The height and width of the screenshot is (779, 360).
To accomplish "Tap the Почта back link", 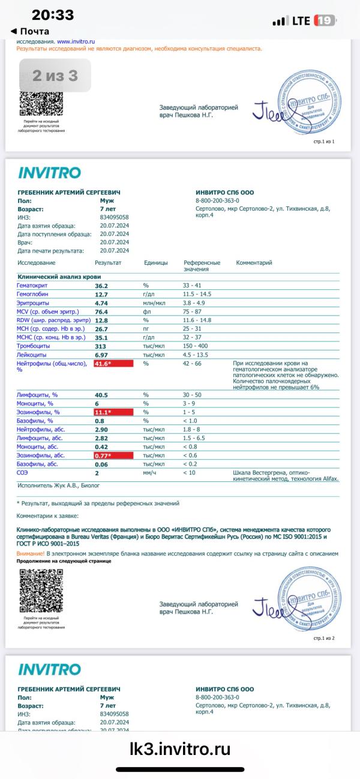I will coord(30,31).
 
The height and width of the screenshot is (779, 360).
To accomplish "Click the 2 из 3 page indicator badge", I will coord(55,76).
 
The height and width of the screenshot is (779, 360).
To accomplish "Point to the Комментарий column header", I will coord(254,263).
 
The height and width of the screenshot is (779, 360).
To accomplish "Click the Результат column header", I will coord(108,263).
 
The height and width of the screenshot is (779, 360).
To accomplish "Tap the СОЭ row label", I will coord(24,473).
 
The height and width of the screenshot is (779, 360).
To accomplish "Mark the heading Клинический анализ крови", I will coord(59,277).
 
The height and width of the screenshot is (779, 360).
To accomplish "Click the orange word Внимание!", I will coord(31,553).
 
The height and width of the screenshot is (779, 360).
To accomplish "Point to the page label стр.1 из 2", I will coord(324,639).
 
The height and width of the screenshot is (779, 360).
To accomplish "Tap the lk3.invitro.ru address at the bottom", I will coord(180,748).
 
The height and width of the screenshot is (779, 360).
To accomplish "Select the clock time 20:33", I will coord(53,15).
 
